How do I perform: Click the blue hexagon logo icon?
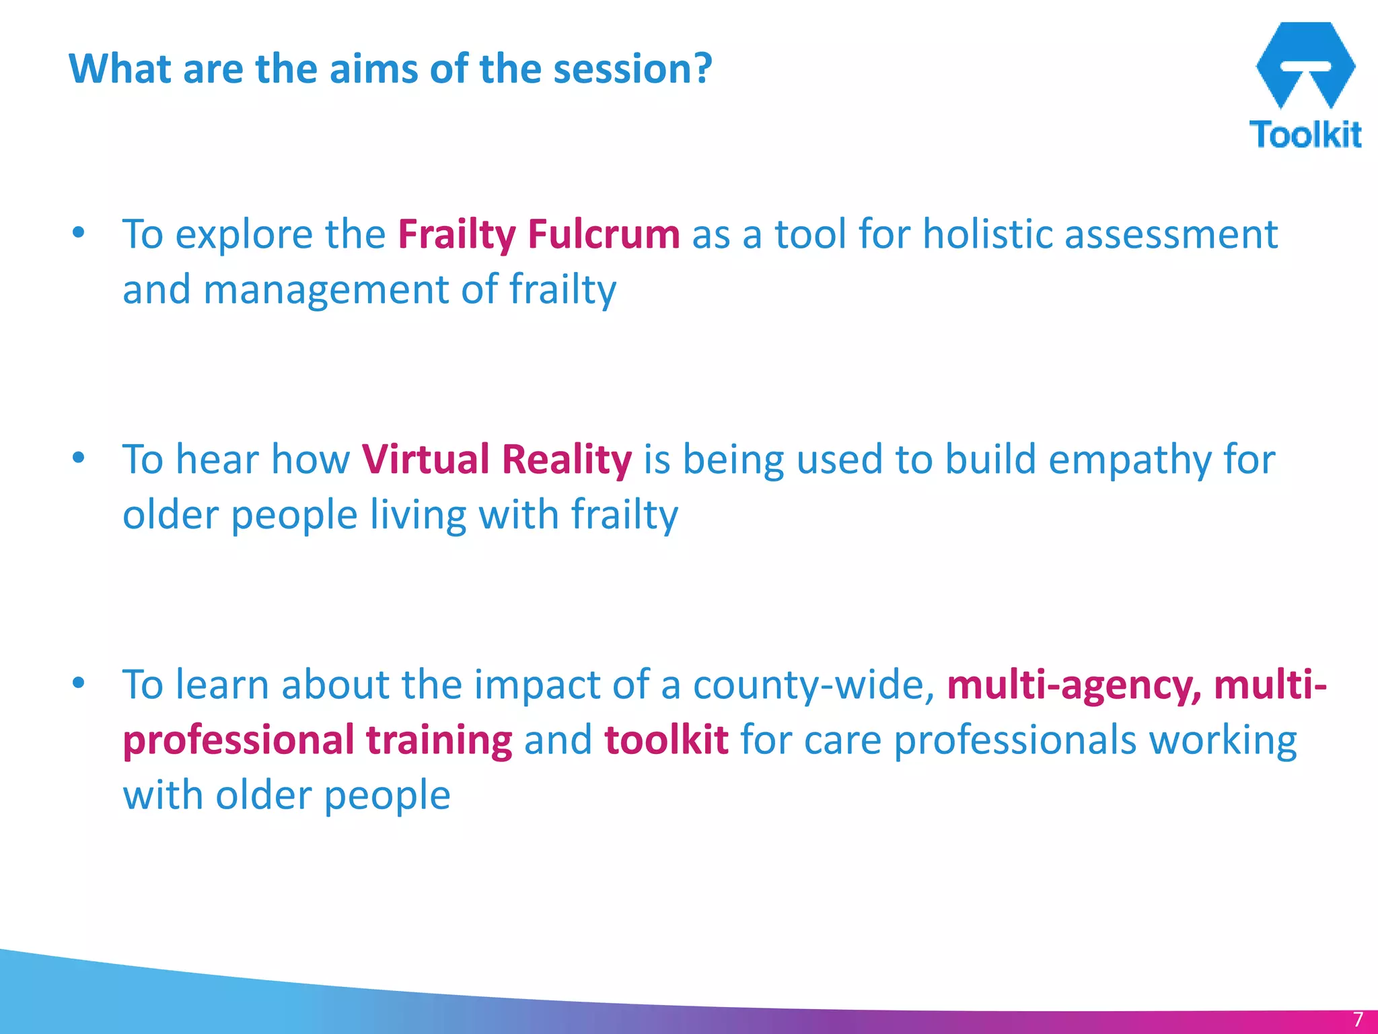coord(1305,65)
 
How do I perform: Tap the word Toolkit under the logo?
coord(1305,135)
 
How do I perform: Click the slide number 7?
coord(1357,1019)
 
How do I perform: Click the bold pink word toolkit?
coord(666,740)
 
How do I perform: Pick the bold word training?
coord(439,740)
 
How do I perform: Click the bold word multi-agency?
coord(1074,685)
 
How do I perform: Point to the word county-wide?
coord(814,685)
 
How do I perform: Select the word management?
coord(326,290)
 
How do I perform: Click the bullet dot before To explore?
coord(79,233)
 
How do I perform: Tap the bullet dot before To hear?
coord(79,458)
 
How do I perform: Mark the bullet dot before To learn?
coord(79,683)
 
